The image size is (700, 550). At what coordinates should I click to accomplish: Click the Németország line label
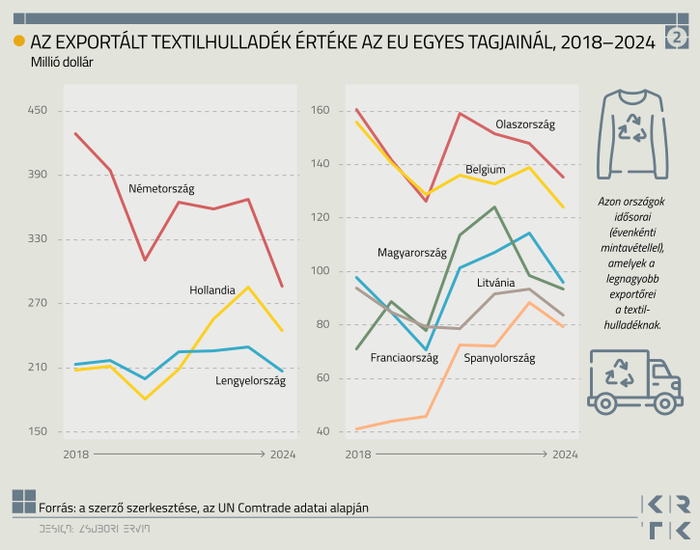pos(162,188)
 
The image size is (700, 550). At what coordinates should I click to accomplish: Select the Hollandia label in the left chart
pos(212,290)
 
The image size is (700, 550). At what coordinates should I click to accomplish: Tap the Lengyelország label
pos(250,381)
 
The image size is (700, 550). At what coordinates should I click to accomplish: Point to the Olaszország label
pos(524,124)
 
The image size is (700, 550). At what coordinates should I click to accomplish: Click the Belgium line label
pos(485,169)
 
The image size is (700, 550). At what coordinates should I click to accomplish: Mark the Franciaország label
pos(404,357)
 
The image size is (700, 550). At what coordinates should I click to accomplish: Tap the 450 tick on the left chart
pos(38,111)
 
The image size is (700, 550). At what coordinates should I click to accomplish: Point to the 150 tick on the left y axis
pos(38,431)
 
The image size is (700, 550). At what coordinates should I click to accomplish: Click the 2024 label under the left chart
pos(283,453)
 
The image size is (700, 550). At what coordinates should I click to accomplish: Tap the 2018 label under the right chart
pos(356,453)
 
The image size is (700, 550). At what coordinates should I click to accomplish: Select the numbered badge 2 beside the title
pos(678,38)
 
